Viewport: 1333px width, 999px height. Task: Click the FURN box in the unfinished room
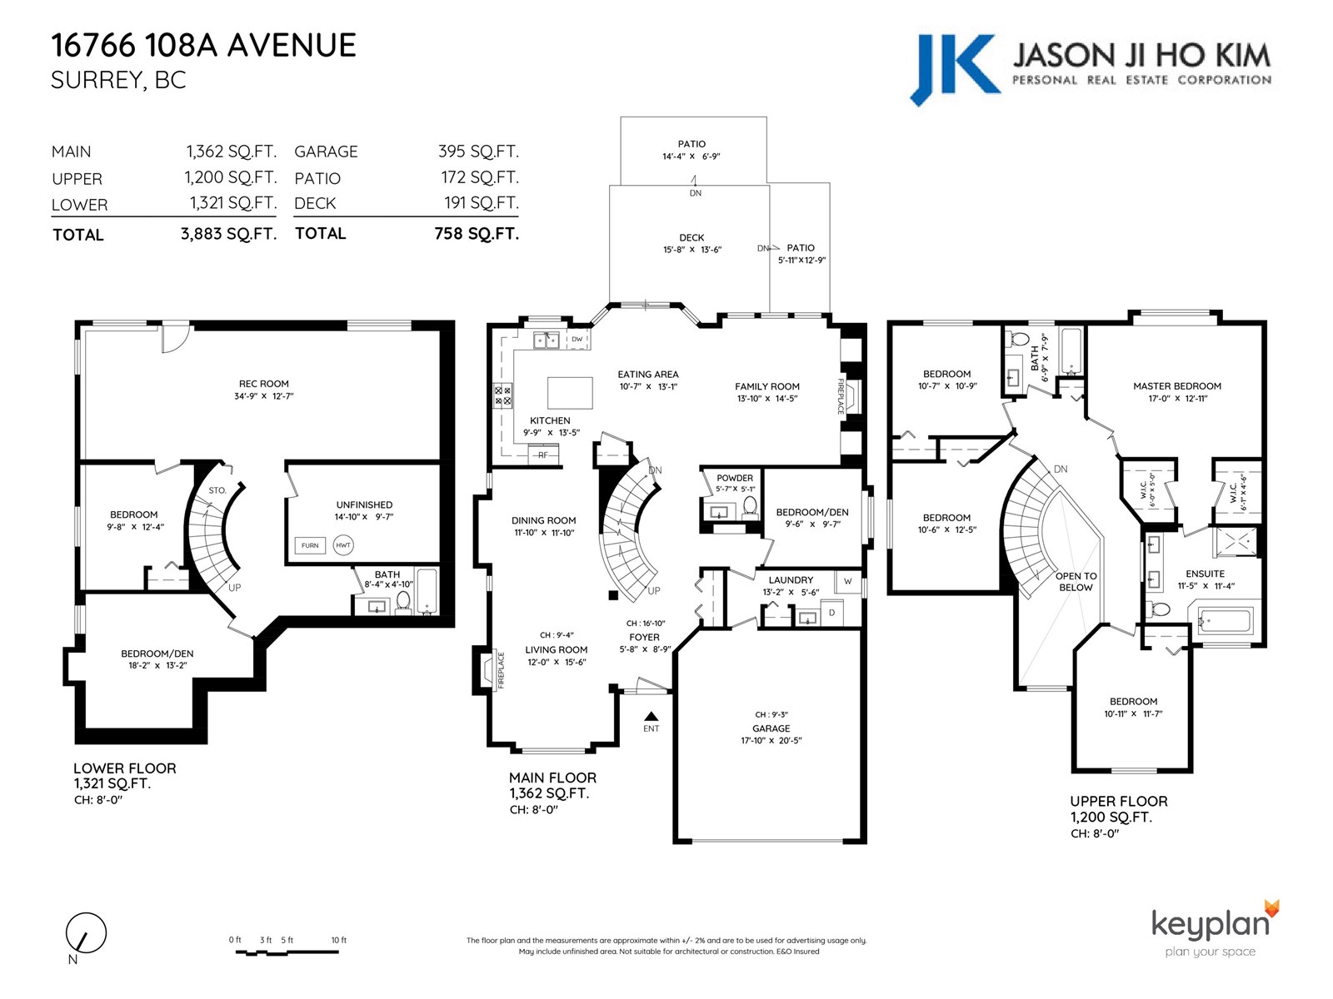310,545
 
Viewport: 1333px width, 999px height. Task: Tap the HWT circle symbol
343,545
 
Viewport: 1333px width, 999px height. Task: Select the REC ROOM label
263,383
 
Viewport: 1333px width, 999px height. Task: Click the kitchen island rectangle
570,393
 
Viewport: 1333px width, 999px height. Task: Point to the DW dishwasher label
577,339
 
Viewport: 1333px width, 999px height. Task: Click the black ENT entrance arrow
651,716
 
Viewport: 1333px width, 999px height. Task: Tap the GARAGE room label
771,728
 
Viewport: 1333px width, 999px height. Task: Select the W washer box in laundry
848,582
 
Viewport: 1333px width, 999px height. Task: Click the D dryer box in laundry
832,614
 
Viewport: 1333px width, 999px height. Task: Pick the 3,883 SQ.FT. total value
228,234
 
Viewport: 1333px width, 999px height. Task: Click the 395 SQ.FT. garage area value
478,151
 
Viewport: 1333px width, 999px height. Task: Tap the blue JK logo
955,69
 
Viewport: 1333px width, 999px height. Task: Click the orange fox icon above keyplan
1271,910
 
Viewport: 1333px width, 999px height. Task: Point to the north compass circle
87,933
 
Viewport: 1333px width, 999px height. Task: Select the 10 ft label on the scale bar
339,940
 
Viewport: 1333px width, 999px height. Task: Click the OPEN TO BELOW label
1076,582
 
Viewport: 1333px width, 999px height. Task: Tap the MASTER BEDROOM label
1177,385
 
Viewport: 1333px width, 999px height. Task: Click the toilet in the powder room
751,506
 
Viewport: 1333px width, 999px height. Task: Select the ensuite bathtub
1225,622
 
